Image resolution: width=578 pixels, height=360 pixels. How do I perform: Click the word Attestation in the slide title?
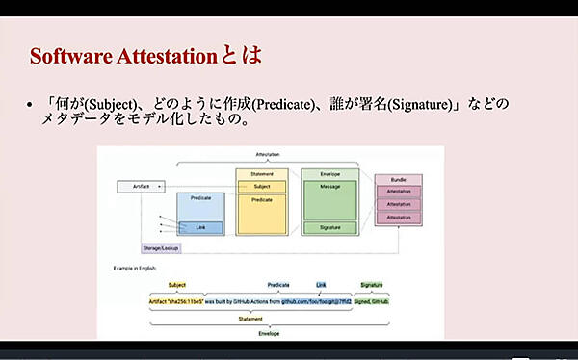tap(166, 56)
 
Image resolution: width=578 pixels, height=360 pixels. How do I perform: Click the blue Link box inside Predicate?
tap(200, 227)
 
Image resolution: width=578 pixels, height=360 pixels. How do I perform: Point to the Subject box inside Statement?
tap(262, 187)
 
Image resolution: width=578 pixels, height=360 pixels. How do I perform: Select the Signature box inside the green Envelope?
tap(329, 227)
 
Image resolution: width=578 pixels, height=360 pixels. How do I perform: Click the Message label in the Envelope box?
tap(329, 187)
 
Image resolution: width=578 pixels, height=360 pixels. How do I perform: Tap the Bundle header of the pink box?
tap(398, 180)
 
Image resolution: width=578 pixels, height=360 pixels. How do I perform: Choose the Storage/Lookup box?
tap(161, 247)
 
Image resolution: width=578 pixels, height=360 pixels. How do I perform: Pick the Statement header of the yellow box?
tap(262, 174)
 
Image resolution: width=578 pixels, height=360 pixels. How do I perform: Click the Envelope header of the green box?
tap(329, 174)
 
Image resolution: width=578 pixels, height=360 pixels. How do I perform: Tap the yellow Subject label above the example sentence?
tap(177, 285)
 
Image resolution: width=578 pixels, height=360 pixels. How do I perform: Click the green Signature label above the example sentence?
tap(371, 285)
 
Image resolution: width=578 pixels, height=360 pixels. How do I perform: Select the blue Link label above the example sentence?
tap(321, 285)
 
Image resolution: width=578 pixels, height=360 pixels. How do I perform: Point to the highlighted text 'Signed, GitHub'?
tap(371, 301)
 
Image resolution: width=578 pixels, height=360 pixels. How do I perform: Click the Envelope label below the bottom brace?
tap(269, 334)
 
